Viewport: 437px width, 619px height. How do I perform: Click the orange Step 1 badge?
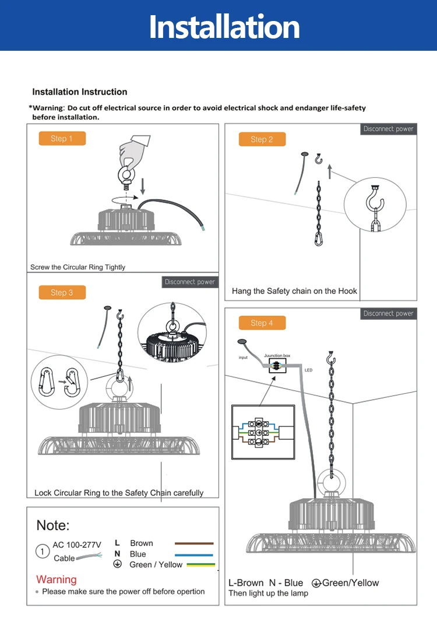pos(62,138)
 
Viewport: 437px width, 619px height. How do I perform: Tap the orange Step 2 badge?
pos(262,139)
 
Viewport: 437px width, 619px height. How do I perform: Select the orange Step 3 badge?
pos(62,292)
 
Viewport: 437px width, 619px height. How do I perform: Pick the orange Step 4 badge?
pos(262,323)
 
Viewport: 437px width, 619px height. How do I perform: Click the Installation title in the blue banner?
pos(224,27)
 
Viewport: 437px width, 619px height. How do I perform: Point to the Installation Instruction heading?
pos(79,92)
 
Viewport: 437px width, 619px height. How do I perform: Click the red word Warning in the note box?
pos(56,579)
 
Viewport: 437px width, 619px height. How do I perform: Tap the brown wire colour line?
pos(194,543)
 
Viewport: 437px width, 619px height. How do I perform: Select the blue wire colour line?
pos(194,554)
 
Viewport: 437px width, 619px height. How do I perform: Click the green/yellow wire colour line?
pos(194,565)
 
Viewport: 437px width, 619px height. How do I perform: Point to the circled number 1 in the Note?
pos(43,551)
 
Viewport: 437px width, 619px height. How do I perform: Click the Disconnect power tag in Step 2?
pos(388,129)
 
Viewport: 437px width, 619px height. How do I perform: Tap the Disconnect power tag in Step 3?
pos(190,282)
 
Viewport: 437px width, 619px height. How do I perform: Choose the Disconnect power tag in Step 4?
pos(388,313)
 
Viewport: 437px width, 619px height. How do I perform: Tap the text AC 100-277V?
pos(77,545)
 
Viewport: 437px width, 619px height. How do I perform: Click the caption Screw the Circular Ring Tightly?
pos(77,267)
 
